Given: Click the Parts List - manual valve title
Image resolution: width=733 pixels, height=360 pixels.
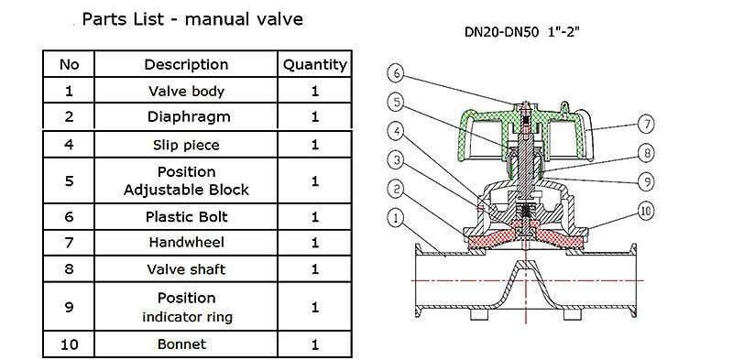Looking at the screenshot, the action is pos(192,19).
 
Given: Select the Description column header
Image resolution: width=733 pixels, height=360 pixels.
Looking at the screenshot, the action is pos(186,64).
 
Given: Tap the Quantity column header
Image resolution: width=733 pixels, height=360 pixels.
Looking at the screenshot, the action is pos(314,64).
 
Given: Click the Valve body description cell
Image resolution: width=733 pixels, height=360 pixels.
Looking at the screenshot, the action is pos(186,91).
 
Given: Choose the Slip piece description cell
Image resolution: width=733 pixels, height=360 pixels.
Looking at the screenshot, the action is pos(186,145).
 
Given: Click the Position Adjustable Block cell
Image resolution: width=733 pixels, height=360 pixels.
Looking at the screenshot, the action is pos(186,181).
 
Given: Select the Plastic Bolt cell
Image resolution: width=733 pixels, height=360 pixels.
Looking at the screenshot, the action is pos(186,217).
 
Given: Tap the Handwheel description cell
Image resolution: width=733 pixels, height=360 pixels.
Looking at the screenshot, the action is pos(186,242).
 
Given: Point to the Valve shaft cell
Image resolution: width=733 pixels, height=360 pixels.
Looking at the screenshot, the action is pos(186,269).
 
